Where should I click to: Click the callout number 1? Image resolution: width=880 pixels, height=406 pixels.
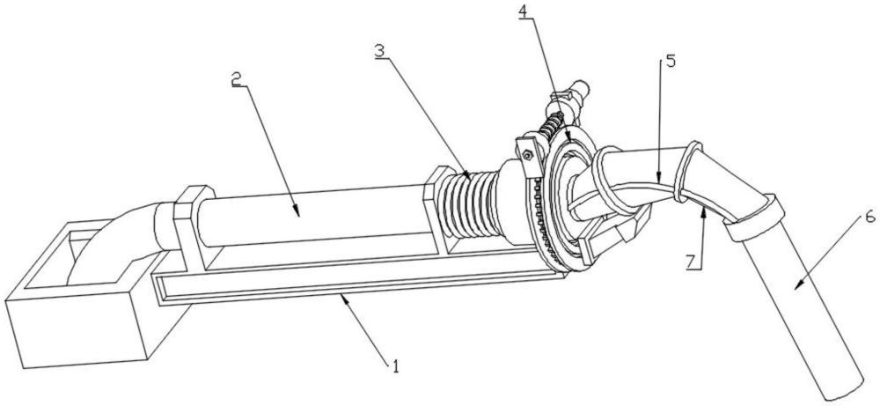[x=395, y=366]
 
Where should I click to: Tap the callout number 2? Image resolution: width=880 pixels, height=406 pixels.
[x=237, y=78]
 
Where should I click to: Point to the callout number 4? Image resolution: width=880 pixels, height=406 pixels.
[x=523, y=11]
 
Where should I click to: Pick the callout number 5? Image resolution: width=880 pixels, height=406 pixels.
[x=670, y=60]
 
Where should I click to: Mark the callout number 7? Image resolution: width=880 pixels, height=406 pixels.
[x=694, y=262]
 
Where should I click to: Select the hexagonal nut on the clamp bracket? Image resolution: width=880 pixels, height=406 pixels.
[x=528, y=154]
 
